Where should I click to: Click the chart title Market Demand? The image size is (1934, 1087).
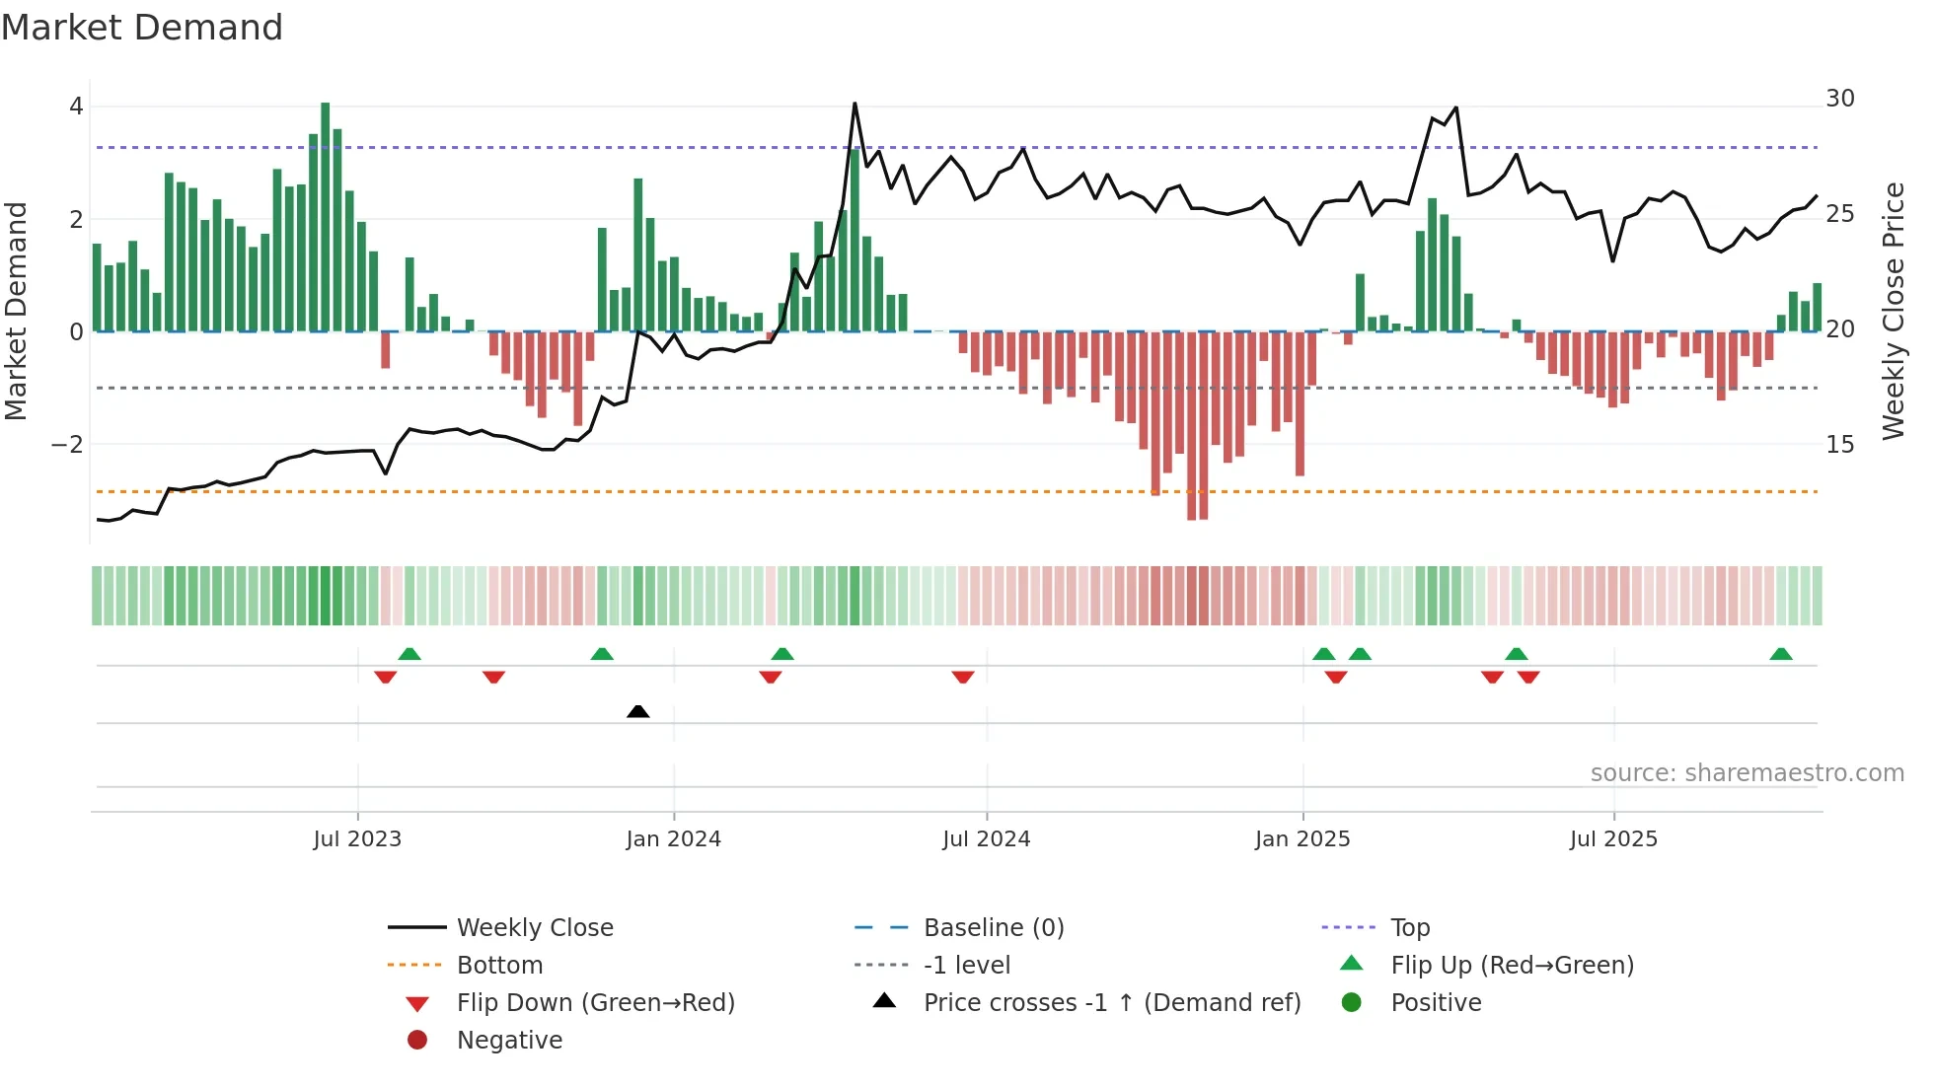[x=142, y=28]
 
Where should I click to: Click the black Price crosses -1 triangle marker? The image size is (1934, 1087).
[x=638, y=711]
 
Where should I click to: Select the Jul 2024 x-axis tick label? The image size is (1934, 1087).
[x=986, y=839]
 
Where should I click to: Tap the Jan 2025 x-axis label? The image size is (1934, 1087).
[x=1302, y=839]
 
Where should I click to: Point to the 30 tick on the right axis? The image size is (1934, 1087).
[x=1839, y=99]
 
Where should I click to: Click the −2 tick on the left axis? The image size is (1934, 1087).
[x=67, y=445]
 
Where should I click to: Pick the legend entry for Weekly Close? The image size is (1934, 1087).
[x=534, y=928]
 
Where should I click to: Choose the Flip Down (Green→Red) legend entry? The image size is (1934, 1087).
[x=595, y=1003]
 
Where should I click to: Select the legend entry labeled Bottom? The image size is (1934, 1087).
[x=499, y=966]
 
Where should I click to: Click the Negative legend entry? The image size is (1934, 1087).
[x=509, y=1041]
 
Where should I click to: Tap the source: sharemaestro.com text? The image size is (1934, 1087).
[x=1747, y=773]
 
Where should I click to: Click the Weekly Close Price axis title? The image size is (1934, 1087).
[x=1893, y=311]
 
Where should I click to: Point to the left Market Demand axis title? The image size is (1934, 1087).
[x=17, y=311]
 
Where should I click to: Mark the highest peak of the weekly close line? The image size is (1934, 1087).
[x=855, y=104]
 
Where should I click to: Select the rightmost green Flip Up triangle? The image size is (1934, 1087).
[x=1781, y=654]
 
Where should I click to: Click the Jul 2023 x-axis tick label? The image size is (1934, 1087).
[x=357, y=839]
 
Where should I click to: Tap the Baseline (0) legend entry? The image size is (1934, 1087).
[x=993, y=928]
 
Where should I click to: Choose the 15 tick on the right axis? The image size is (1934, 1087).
[x=1839, y=445]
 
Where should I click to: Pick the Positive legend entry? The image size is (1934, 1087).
[x=1436, y=1003]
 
